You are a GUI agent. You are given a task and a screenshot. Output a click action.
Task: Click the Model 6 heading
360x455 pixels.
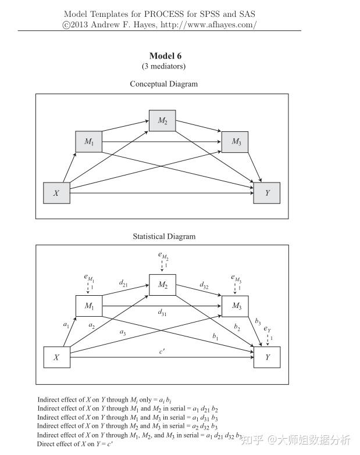click(x=165, y=56)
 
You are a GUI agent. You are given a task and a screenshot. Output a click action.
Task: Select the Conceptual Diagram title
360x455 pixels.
click(x=163, y=84)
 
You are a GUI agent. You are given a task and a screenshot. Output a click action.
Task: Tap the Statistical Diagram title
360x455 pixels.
click(x=164, y=237)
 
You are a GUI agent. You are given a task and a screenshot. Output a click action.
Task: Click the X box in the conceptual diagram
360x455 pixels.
click(x=56, y=193)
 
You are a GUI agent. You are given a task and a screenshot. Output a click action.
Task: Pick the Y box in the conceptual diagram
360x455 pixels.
click(x=267, y=193)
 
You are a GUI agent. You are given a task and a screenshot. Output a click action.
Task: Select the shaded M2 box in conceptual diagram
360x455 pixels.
click(x=162, y=121)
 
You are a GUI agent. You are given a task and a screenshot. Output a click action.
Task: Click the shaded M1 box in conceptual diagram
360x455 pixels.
click(x=89, y=142)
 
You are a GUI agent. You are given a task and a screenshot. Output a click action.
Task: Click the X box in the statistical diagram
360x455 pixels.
click(x=56, y=357)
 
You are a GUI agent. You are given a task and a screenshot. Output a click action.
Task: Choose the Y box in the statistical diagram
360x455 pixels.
click(x=267, y=357)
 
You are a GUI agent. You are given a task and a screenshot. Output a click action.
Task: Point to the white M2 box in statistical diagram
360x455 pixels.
click(x=162, y=285)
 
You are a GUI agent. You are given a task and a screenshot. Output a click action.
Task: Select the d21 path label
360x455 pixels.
click(x=124, y=284)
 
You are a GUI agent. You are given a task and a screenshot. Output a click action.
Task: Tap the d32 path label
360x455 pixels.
click(x=204, y=285)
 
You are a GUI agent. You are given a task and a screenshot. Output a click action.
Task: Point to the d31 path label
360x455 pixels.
click(x=163, y=313)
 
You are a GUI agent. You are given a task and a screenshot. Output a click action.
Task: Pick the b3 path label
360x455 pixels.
click(x=258, y=321)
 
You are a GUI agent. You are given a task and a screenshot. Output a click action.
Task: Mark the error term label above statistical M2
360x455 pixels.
click(x=162, y=256)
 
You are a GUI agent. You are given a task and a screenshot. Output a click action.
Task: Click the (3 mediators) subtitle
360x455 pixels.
click(x=163, y=66)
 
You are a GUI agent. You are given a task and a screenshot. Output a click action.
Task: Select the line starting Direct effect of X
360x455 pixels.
click(x=75, y=444)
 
